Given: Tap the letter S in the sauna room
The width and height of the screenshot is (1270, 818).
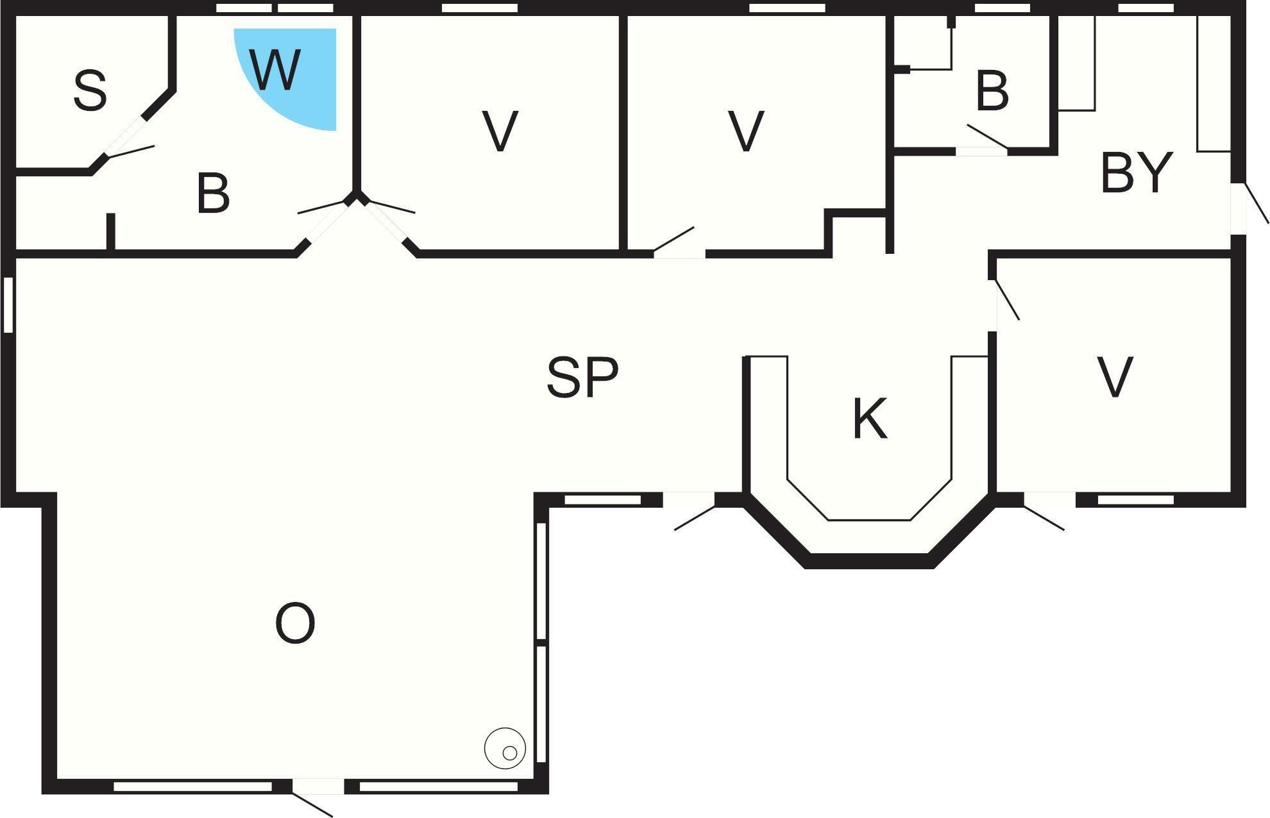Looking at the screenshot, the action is coord(90,91).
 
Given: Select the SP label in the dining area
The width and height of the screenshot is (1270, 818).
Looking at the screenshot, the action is coord(582,377).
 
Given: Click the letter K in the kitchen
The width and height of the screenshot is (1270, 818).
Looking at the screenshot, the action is coord(870,418).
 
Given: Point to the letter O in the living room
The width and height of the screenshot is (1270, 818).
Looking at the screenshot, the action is coord(295,624).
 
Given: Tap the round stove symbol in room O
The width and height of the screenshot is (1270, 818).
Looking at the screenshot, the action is coord(505,748).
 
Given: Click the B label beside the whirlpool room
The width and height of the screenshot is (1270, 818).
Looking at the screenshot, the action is coord(213,193).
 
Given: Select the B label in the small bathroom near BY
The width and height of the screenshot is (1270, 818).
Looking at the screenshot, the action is coord(992,91).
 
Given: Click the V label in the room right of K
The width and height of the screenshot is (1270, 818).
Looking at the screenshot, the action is coord(1115,377).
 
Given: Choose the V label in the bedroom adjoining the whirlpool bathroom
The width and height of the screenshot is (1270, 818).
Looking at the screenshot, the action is coord(500,131).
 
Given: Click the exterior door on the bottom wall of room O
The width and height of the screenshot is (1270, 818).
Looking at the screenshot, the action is coord(318,795).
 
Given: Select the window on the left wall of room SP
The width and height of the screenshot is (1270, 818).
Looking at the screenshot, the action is coord(8,305).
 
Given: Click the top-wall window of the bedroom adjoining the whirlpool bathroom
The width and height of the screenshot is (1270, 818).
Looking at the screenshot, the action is coord(480,8).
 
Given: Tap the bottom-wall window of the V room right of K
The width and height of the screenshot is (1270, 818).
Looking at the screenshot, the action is coord(1135,500).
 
